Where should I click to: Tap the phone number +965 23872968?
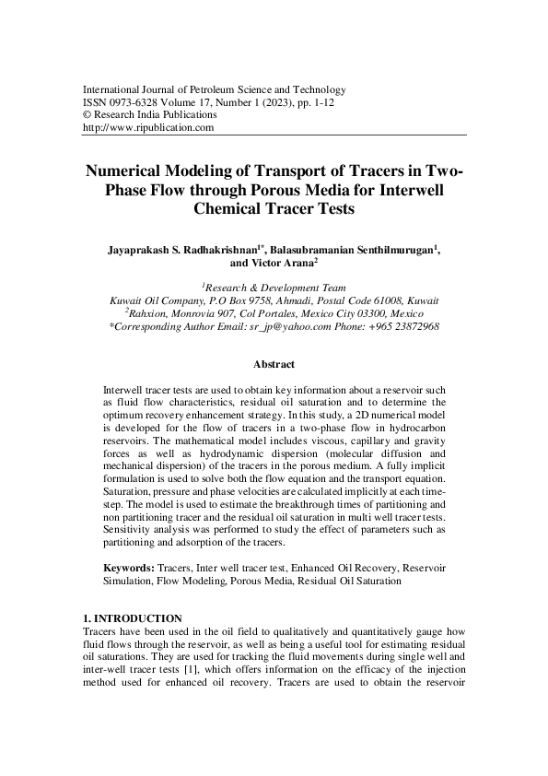pos(401,326)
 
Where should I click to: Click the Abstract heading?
pos(274,365)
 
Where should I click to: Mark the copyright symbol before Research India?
pos(87,115)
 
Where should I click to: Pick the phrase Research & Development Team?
pos(274,288)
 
